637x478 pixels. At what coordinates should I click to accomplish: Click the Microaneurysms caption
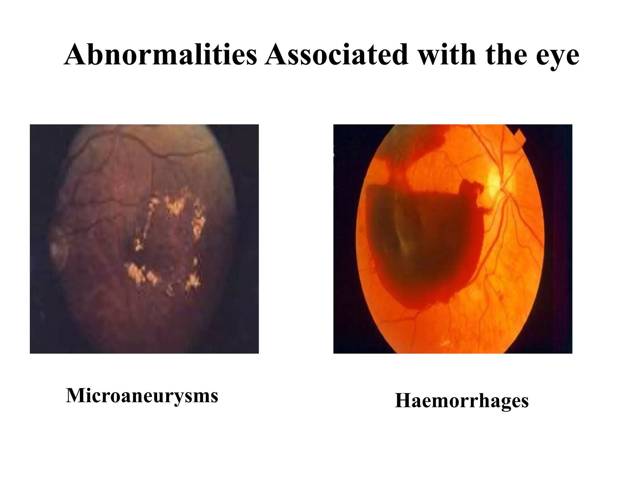142,396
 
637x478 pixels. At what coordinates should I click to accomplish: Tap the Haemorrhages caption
462,401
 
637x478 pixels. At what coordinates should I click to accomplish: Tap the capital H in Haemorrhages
403,401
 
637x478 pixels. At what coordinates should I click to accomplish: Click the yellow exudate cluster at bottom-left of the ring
140,272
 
